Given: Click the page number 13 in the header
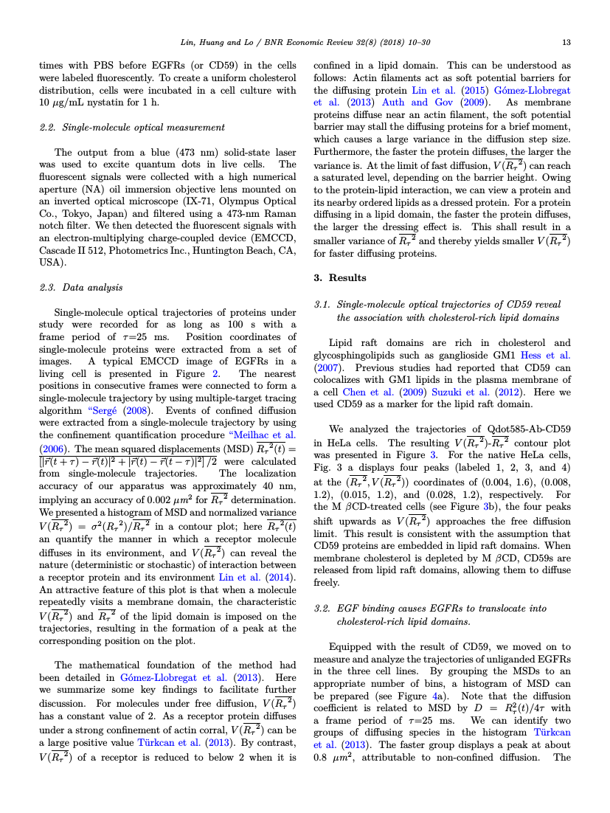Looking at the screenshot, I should click(566, 42).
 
